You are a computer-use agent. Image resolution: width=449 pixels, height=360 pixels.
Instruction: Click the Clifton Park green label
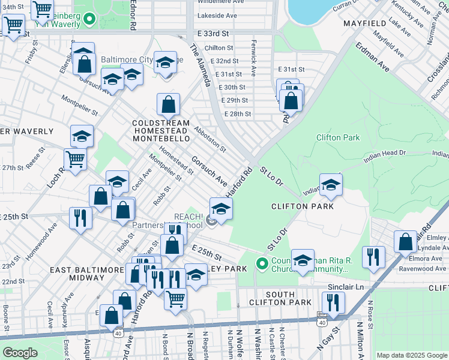point(339,137)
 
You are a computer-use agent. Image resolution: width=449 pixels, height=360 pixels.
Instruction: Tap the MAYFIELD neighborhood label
point(364,23)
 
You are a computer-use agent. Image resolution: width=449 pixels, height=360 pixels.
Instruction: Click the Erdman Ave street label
point(372,58)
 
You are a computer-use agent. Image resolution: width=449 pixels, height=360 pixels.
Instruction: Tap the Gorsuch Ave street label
point(209,171)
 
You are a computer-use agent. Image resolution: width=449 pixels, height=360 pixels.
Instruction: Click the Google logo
point(20,353)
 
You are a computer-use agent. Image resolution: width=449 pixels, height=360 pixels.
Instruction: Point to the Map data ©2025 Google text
point(411,355)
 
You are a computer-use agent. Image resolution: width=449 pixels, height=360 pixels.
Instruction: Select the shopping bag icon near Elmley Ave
point(406,241)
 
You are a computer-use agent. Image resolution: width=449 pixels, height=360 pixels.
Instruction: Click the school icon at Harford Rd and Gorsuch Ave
point(221,209)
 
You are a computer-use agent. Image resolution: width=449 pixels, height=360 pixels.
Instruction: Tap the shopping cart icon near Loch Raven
point(76,160)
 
